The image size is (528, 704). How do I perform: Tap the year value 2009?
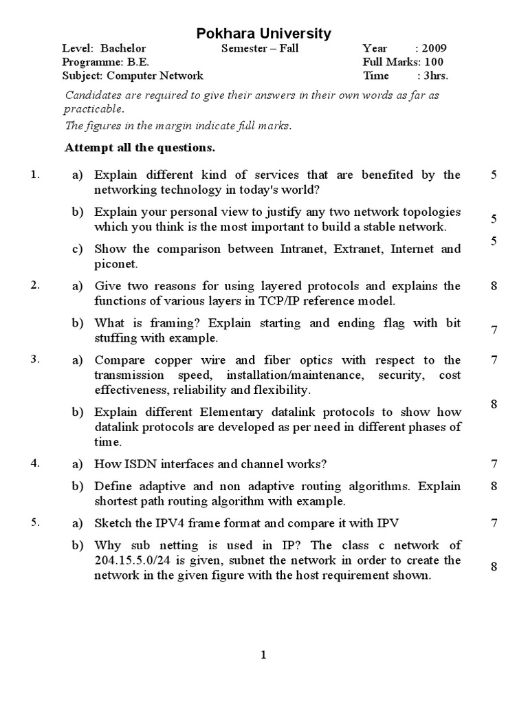[x=434, y=48]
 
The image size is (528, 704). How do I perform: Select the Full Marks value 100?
[x=437, y=62]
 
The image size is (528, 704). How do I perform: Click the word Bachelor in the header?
[x=123, y=48]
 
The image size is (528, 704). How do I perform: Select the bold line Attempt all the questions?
[x=140, y=147]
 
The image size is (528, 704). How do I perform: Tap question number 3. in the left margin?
[x=36, y=359]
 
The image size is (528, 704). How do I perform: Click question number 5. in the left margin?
[x=36, y=522]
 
